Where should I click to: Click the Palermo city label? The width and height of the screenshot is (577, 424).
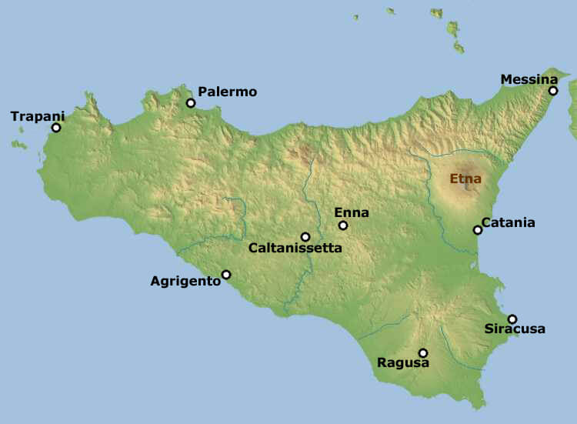click(x=227, y=92)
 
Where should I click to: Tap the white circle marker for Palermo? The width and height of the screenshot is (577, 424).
click(x=191, y=103)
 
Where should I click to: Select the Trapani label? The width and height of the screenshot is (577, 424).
click(x=38, y=116)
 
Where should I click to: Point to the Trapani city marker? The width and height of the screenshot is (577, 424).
click(x=55, y=128)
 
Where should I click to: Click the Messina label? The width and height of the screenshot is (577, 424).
click(x=529, y=79)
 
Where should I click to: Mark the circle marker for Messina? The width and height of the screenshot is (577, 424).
click(x=553, y=91)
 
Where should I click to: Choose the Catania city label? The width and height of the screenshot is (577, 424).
click(x=509, y=223)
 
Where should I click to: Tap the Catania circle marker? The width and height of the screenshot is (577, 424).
click(x=478, y=229)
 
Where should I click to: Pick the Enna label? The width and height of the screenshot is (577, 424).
click(x=352, y=212)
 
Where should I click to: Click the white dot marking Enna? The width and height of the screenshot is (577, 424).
click(x=343, y=225)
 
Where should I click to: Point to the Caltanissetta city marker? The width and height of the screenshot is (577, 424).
click(x=305, y=237)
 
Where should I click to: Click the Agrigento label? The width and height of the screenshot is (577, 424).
click(x=185, y=281)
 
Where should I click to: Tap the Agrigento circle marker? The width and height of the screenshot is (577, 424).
click(x=226, y=275)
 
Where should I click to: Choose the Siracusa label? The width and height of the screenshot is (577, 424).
click(x=515, y=329)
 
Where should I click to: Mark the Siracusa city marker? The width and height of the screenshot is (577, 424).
click(x=512, y=319)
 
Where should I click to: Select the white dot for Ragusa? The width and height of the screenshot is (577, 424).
click(x=422, y=353)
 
